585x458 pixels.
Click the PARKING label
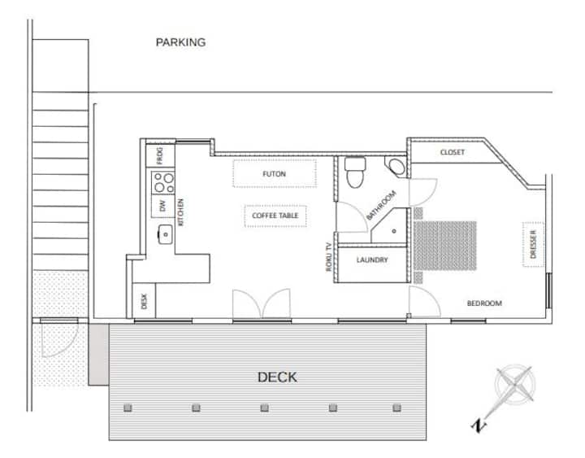(x=180, y=42)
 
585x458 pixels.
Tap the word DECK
(x=277, y=377)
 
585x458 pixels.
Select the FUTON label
(x=275, y=174)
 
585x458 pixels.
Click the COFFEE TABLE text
(x=275, y=216)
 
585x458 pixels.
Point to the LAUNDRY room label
(x=372, y=260)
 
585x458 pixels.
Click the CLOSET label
(x=453, y=152)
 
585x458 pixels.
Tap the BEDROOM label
(x=484, y=303)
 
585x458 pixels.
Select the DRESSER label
(x=533, y=244)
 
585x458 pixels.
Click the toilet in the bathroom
(x=355, y=172)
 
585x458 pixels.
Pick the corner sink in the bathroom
(x=396, y=167)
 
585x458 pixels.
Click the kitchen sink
(x=165, y=234)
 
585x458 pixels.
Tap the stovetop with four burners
(x=163, y=183)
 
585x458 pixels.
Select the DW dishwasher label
(x=162, y=206)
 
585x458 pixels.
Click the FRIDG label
(x=160, y=155)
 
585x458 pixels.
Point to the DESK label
(x=145, y=302)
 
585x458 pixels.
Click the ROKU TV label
(x=329, y=256)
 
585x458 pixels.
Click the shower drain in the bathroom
(x=394, y=231)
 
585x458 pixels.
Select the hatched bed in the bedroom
(x=444, y=246)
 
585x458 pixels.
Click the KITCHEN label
(x=180, y=212)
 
